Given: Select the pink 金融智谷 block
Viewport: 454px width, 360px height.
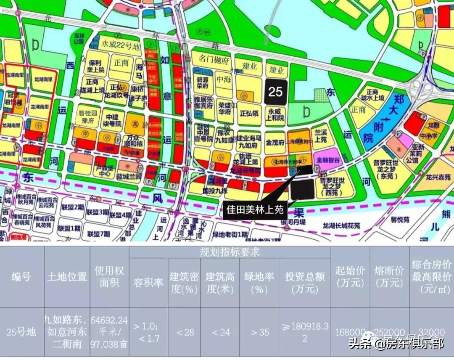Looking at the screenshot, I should tap(325, 160).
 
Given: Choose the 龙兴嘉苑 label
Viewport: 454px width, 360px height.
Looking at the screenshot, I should tap(437, 177).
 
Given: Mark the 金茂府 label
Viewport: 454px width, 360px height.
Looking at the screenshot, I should tap(275, 143).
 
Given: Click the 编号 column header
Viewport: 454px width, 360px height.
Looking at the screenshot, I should tap(21, 276).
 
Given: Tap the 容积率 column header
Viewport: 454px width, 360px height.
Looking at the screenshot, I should tap(148, 282).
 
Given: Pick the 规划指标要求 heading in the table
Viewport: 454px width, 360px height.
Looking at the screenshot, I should tap(230, 252).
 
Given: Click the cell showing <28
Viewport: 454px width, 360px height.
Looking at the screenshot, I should tap(184, 332).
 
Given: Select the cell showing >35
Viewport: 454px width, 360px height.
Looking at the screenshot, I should tap(259, 332).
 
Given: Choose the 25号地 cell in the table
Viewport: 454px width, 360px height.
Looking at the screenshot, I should tap(21, 332).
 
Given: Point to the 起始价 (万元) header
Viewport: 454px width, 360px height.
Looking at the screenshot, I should tap(350, 276).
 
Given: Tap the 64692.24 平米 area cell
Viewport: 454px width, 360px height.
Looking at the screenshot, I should tap(109, 332).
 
